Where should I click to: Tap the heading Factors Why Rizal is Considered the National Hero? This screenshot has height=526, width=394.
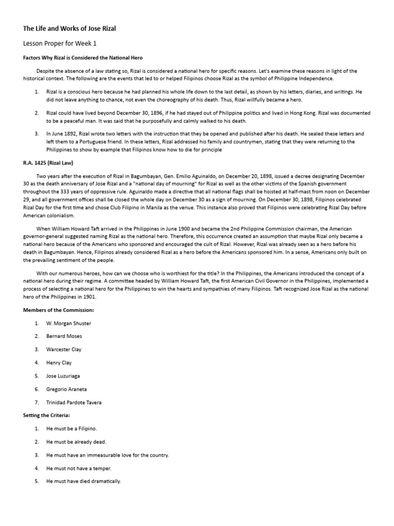click(83, 58)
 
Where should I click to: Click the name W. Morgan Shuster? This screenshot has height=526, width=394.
click(69, 323)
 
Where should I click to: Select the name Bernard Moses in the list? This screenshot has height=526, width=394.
click(64, 336)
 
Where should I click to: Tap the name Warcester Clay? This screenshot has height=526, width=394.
click(64, 349)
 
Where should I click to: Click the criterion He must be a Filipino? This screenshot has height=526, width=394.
click(71, 428)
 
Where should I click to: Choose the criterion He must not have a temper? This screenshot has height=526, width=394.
click(78, 468)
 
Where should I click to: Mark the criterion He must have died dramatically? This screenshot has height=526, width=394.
click(84, 481)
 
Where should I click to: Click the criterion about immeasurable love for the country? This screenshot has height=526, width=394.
click(107, 455)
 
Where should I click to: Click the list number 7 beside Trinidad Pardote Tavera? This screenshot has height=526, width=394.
click(37, 402)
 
